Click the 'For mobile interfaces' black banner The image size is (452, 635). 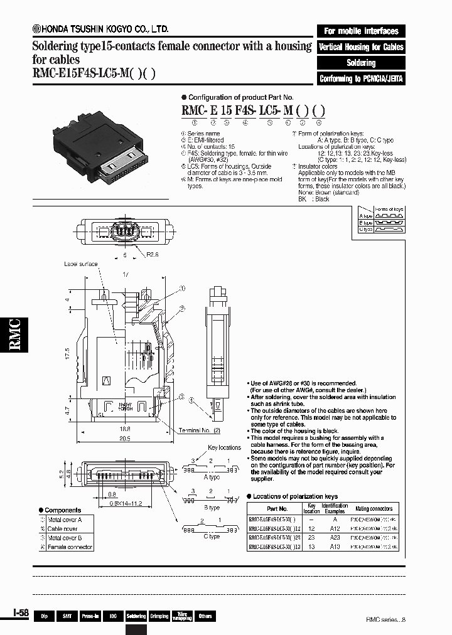click(361, 31)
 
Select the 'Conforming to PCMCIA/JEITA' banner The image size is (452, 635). click(361, 79)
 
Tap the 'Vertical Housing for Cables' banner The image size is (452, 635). click(361, 47)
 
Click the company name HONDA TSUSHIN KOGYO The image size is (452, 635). click(100, 29)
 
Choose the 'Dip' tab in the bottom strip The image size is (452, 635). click(45, 617)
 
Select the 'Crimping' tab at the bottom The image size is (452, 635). click(159, 617)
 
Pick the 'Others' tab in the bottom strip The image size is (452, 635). click(205, 617)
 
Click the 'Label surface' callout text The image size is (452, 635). click(80, 264)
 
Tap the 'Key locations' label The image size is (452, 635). click(224, 447)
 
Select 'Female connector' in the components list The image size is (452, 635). click(70, 547)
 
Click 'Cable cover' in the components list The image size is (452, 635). click(63, 529)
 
